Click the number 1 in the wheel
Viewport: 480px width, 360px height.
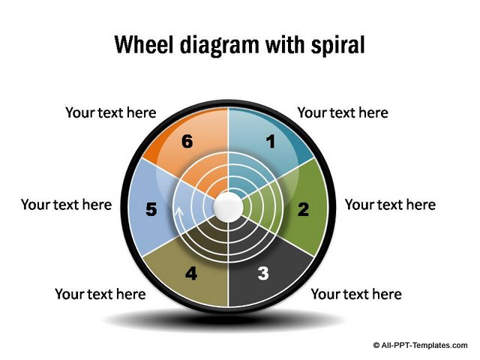click(x=271, y=140)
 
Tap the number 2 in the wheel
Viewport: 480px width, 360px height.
click(x=303, y=210)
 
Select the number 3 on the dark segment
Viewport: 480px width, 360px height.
click(x=262, y=274)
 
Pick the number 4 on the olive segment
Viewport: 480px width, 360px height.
click(x=191, y=274)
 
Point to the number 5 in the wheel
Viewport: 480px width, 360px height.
click(x=151, y=210)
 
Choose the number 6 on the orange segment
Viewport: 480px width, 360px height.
click(x=187, y=140)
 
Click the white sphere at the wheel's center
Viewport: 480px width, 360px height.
click(x=227, y=205)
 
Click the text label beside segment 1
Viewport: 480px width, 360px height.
click(x=343, y=112)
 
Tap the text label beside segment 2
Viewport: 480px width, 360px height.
click(x=389, y=204)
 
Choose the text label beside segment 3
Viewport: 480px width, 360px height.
click(x=355, y=293)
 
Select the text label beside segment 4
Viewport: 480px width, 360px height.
click(x=100, y=293)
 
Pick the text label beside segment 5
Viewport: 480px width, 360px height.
click(x=66, y=204)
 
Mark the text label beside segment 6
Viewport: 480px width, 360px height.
click(x=110, y=112)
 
